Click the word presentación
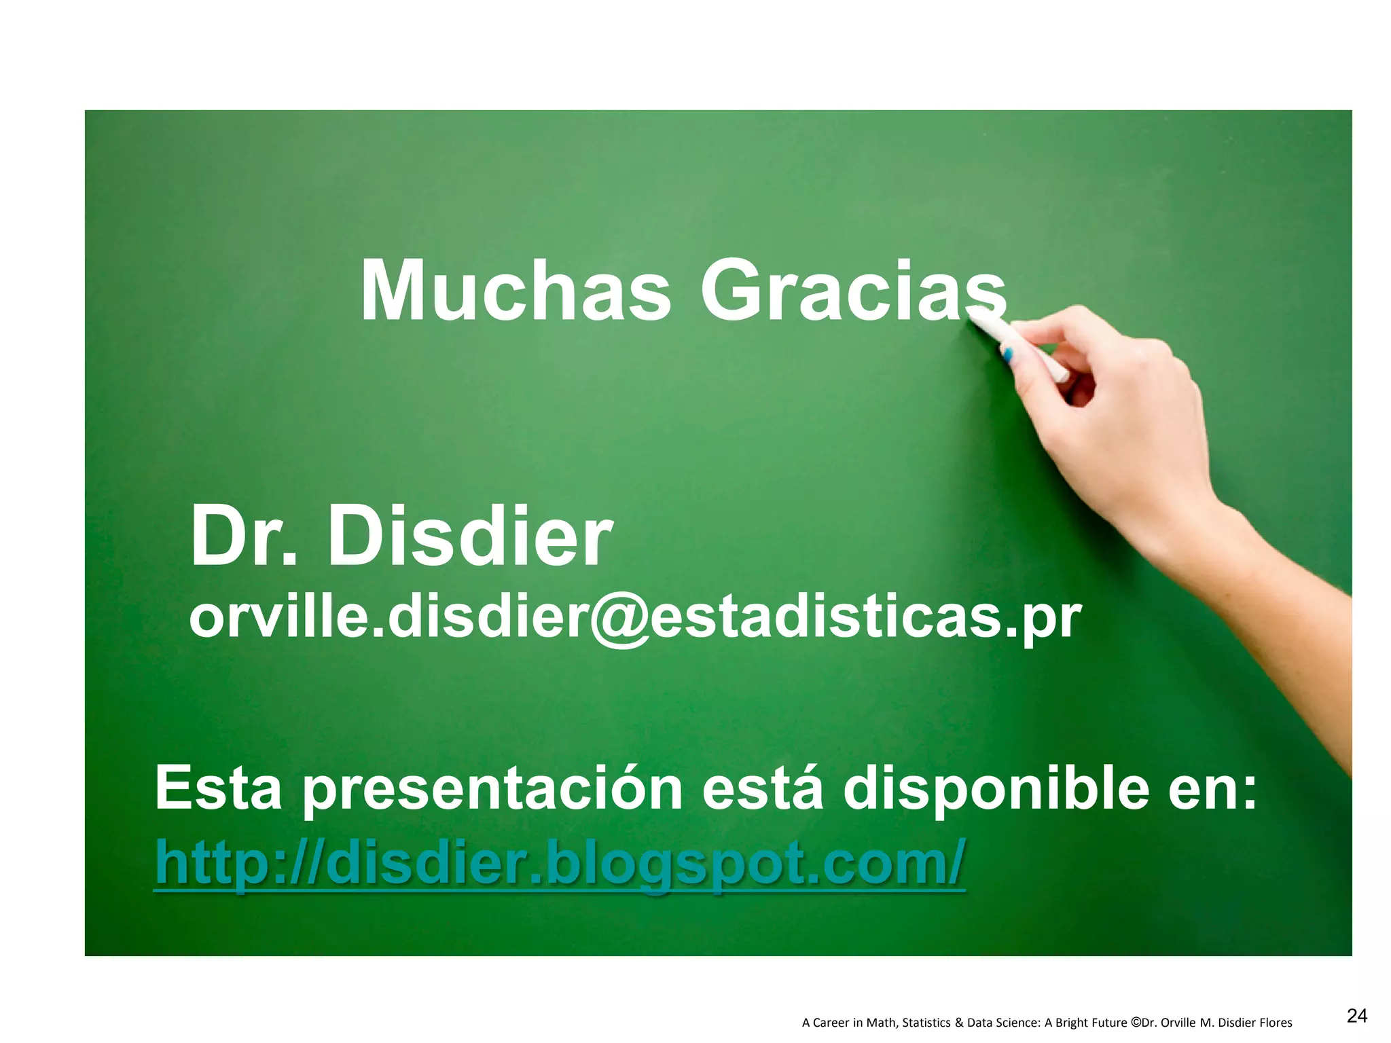click(x=492, y=789)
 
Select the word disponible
click(x=995, y=789)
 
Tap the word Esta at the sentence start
click(x=218, y=789)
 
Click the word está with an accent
click(x=762, y=789)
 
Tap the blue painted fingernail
click(x=1008, y=354)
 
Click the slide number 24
click(x=1356, y=1016)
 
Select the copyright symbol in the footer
click(x=1136, y=1022)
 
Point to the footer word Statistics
click(x=927, y=1023)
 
